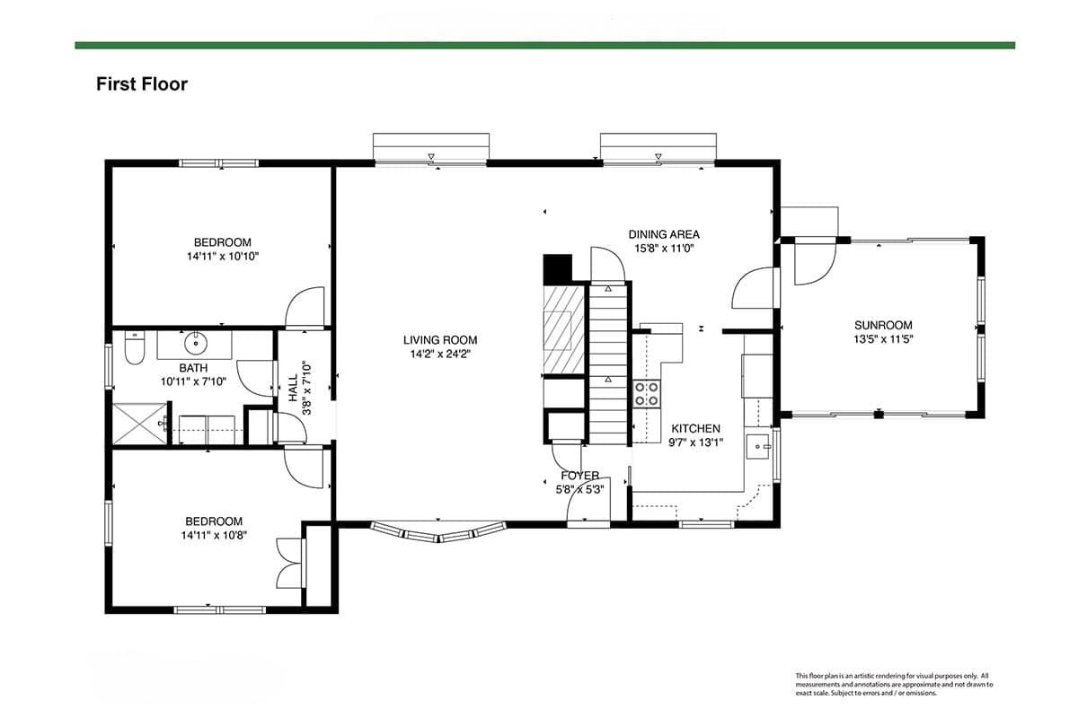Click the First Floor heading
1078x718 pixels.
point(142,84)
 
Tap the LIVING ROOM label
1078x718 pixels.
point(440,340)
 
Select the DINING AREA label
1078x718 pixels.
point(664,234)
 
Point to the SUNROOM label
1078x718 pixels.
point(883,325)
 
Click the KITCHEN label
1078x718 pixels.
point(696,428)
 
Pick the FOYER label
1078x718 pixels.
point(580,476)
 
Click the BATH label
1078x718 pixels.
point(193,368)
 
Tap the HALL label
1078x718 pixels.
point(294,388)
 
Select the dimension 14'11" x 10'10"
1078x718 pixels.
point(223,257)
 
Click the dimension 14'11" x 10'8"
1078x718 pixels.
point(214,535)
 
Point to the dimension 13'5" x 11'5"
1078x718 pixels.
point(884,339)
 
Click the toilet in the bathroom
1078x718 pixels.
point(134,347)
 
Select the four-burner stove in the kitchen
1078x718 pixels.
point(646,393)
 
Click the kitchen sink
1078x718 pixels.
point(758,447)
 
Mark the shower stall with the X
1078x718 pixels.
point(139,424)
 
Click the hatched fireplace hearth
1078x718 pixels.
point(563,330)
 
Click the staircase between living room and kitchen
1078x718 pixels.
point(608,364)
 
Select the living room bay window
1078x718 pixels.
point(438,532)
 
